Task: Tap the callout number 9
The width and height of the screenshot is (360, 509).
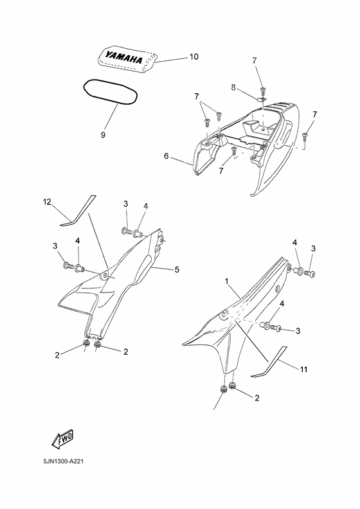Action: point(103,135)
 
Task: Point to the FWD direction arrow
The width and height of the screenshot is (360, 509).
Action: point(63,439)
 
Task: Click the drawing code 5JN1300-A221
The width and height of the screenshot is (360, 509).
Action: point(63,461)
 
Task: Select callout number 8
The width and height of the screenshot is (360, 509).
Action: point(233,87)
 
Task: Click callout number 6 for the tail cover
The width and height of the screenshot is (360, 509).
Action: point(166,156)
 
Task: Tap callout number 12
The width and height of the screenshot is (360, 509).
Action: point(47,202)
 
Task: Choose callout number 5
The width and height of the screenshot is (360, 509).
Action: point(177,269)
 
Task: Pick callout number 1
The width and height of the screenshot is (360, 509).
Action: point(228,281)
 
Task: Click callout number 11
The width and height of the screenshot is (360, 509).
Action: point(303,370)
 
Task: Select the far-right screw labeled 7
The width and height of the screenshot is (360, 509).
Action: point(305,137)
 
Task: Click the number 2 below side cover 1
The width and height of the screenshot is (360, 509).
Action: point(257,398)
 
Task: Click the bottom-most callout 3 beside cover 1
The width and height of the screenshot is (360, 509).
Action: point(298,331)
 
